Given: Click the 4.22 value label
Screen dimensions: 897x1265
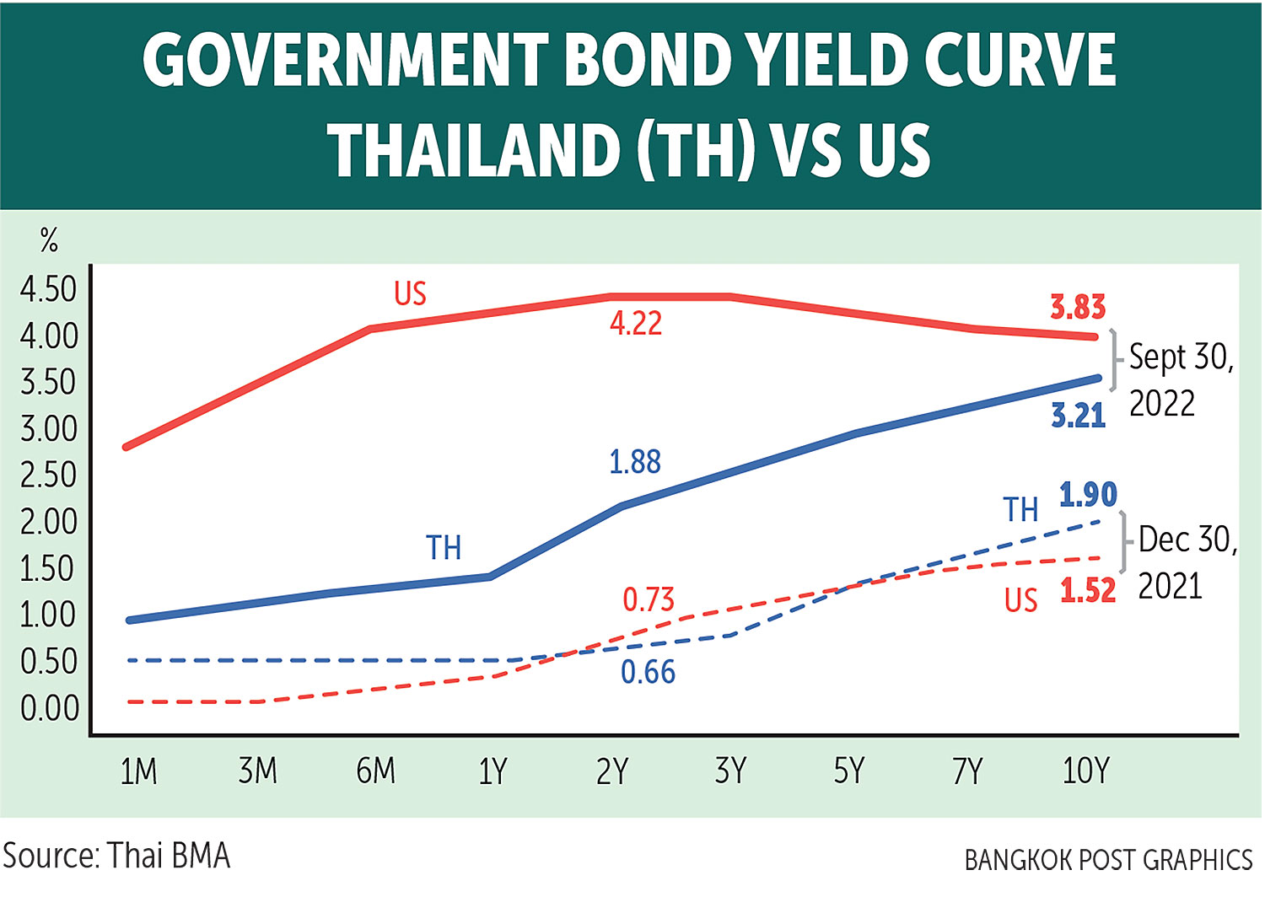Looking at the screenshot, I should pos(636,324).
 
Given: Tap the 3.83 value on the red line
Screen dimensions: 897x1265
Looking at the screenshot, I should pos(1077,308).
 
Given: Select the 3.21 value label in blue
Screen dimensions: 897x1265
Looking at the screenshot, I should pos(1078,416).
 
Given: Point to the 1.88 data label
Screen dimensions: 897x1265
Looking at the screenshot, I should pos(635,462).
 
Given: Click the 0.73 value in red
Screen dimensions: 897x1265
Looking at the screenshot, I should pos(649,599).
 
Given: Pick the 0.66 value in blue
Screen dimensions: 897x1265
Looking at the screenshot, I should pos(648,672).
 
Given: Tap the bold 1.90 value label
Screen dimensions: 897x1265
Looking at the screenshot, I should pos(1088,495).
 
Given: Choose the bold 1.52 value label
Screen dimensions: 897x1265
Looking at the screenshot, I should pos(1088,591).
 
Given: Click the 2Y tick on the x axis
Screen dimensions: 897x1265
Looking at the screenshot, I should pos(612,771).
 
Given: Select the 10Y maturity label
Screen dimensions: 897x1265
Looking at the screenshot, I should pos(1085,771).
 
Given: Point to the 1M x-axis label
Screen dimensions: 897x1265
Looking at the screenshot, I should pos(138,771).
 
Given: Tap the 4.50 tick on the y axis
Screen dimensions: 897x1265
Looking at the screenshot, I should pos(49,290).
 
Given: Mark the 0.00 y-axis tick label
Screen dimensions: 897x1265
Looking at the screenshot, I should pos(49,709).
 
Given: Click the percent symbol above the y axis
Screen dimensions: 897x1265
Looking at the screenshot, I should pos(49,241).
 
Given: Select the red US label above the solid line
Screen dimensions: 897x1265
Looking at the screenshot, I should pos(411,294).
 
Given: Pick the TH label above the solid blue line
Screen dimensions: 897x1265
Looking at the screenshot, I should pos(444,548).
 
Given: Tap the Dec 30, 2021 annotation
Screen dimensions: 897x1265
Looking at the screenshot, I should pos(1187,562).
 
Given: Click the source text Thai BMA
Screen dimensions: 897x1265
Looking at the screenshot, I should pos(169,857).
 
